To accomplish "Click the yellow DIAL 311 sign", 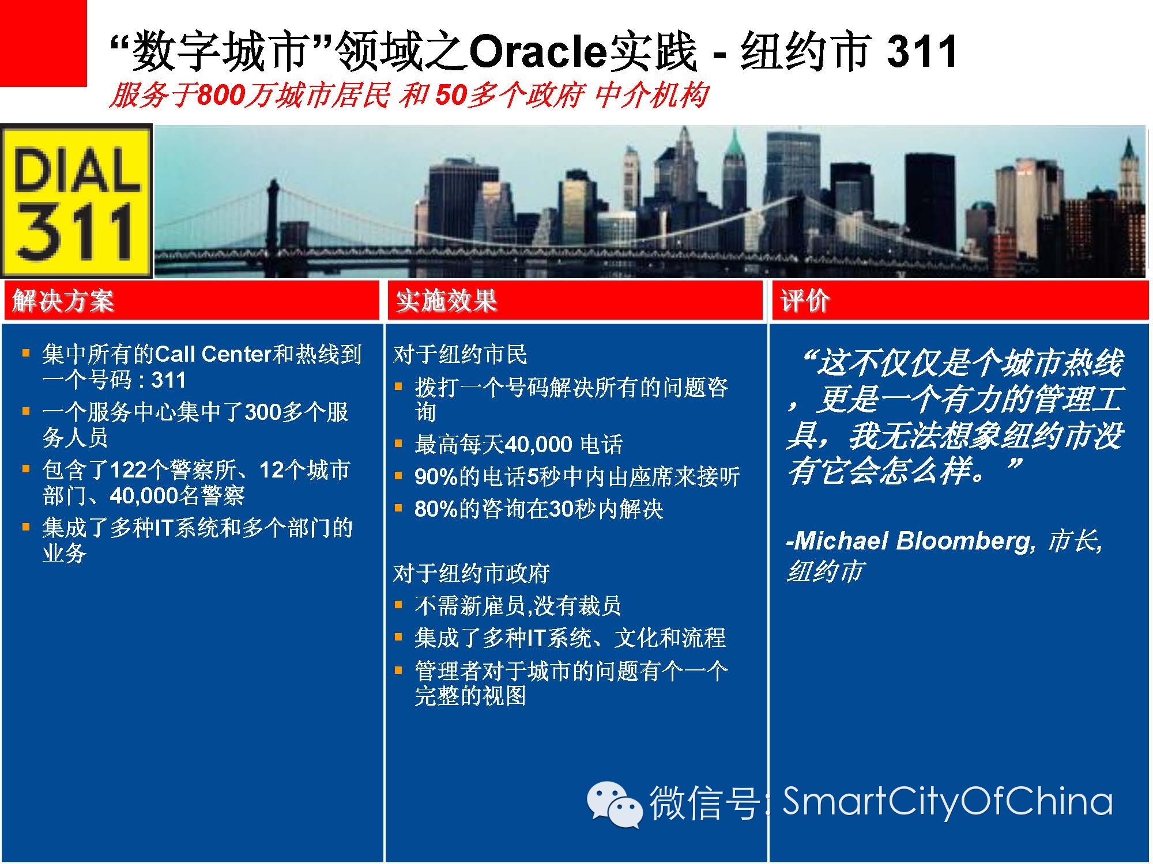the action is click(x=76, y=201).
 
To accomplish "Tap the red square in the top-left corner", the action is click(x=43, y=43).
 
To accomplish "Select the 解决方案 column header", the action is click(x=63, y=301).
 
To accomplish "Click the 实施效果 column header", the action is click(x=446, y=301).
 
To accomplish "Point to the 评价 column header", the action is click(x=805, y=301).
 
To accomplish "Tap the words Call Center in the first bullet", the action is click(x=213, y=354).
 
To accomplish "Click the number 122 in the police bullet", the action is click(x=128, y=471).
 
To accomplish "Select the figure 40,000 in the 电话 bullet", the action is click(x=538, y=445).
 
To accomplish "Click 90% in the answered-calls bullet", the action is click(x=436, y=477).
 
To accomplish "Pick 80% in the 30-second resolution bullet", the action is click(x=436, y=509).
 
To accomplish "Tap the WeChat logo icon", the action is click(x=615, y=804).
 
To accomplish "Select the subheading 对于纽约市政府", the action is click(x=472, y=573).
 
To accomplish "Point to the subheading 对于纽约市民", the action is click(x=460, y=354).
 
